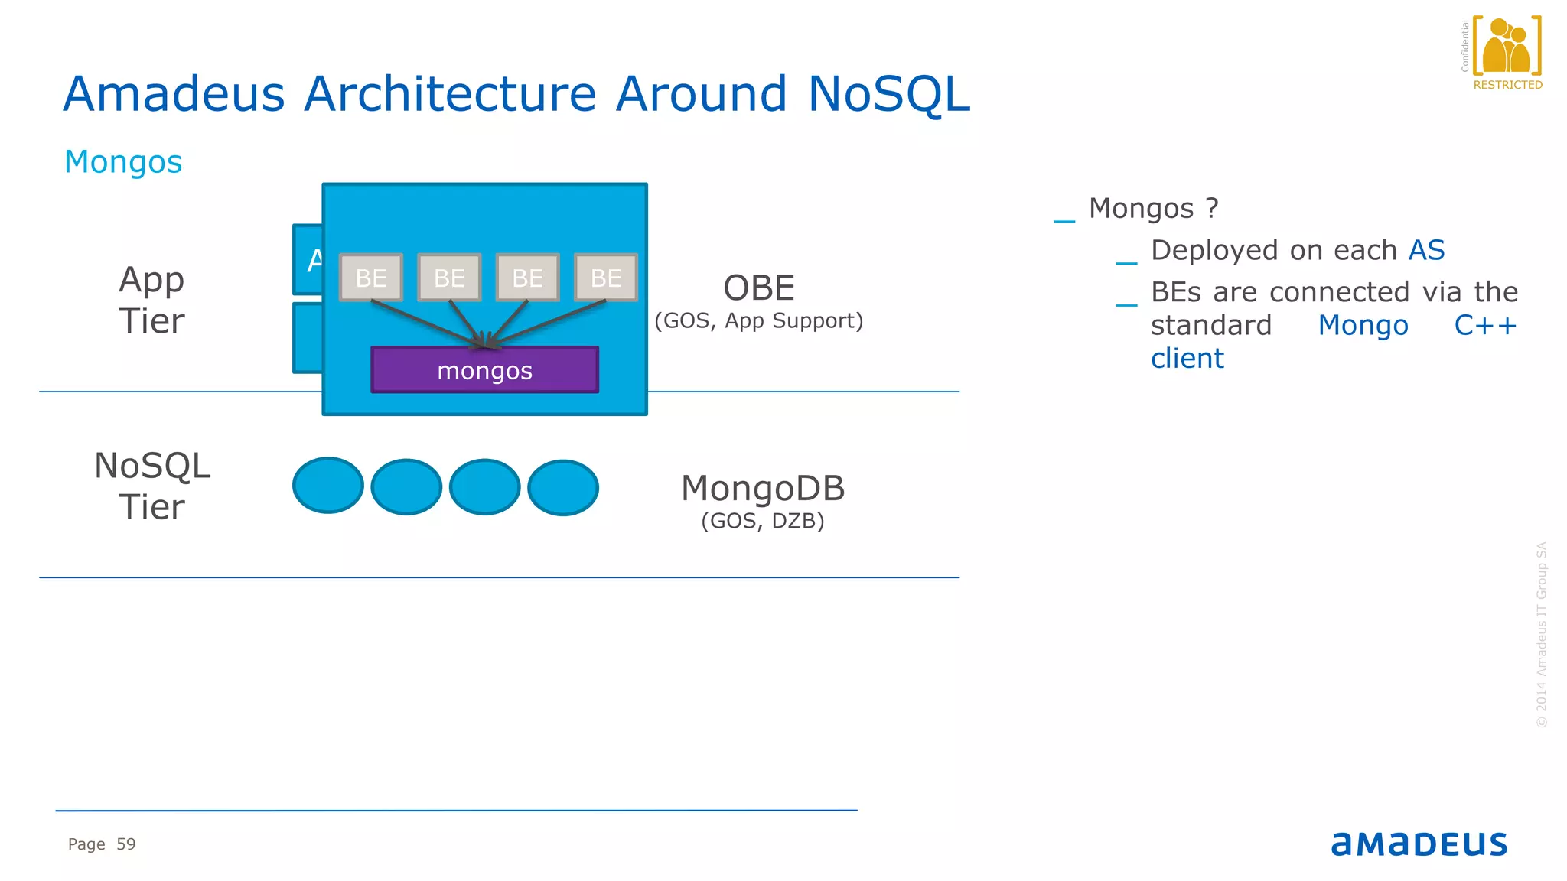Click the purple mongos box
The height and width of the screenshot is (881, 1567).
484,370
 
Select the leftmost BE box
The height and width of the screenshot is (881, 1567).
371,278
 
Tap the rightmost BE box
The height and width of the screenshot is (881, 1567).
605,278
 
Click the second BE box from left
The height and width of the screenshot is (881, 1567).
449,278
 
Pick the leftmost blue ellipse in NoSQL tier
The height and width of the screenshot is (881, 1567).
328,486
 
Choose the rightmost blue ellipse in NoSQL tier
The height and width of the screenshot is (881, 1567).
563,488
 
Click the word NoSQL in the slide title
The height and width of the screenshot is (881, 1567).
888,94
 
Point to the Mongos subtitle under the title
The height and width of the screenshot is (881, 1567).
123,162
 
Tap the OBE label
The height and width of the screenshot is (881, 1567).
759,288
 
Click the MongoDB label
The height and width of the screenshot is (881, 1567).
763,488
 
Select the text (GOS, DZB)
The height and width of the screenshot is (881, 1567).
763,522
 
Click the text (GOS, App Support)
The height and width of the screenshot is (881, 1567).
758,321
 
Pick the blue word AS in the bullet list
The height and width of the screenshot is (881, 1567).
1426,250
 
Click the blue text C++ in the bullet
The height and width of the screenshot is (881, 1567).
1484,326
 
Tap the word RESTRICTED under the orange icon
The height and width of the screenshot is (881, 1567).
1507,85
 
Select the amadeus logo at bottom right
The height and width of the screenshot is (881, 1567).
1419,844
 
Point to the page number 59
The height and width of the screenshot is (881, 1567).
125,844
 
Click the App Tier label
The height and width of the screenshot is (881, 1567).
151,300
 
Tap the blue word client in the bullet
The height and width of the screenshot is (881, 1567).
1187,359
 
